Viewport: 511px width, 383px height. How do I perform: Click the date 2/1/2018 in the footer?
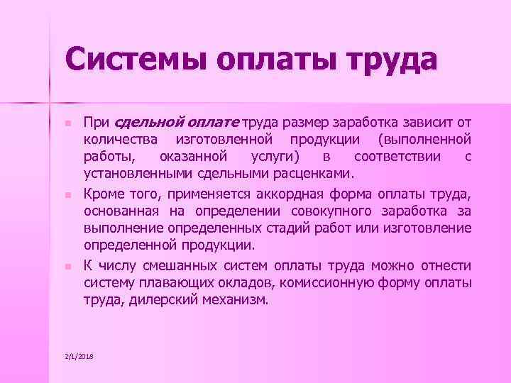pyautogui.click(x=78, y=354)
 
